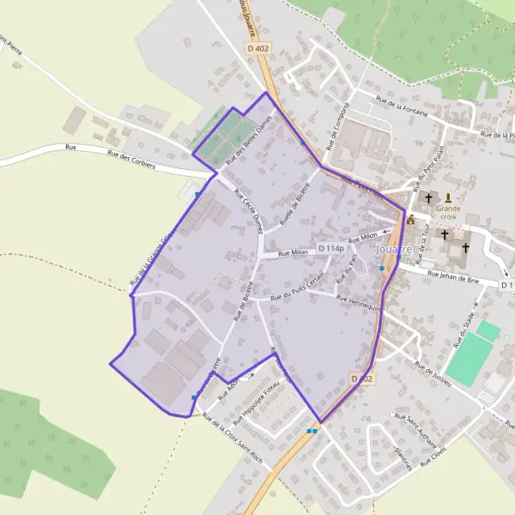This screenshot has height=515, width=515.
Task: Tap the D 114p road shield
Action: point(330,249)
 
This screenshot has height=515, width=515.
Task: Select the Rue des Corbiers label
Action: point(130,159)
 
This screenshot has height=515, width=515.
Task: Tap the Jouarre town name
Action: point(395,250)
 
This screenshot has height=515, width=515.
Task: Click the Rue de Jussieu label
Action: point(434,370)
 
